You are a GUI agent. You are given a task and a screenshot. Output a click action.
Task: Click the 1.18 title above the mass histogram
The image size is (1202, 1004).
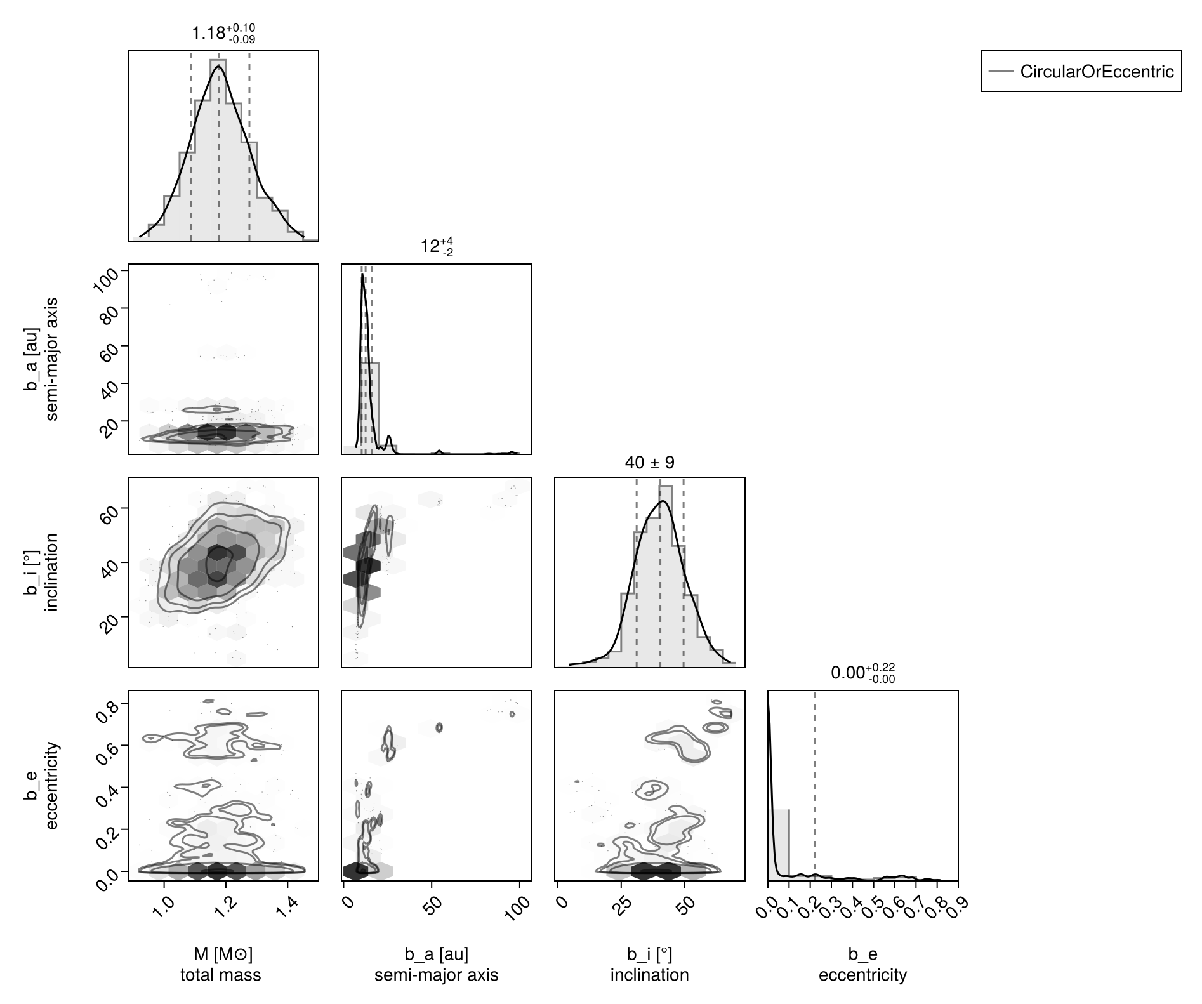223,34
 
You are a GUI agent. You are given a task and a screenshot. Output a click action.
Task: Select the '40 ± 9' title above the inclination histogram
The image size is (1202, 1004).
649,463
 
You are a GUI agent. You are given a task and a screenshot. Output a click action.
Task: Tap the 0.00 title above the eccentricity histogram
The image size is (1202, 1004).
862,673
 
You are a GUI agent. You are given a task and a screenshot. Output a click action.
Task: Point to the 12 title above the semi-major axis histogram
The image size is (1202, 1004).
436,246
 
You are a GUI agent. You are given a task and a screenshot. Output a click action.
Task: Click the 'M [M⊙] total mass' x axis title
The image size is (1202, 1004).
221,964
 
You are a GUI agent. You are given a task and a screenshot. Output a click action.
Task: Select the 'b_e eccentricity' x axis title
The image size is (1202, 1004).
862,964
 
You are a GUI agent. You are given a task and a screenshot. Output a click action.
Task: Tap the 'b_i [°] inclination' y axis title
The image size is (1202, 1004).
42,572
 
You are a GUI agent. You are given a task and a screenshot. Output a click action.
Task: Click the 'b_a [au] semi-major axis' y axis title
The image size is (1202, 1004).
42,359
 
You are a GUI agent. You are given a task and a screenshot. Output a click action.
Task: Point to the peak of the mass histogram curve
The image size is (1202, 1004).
219,65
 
